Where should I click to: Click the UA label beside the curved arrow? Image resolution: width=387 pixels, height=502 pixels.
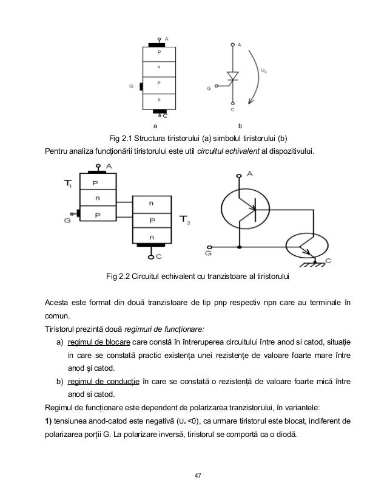[264, 71]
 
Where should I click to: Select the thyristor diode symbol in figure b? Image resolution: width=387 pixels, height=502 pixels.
[232, 77]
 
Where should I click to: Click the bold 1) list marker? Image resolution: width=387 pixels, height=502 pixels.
[51, 421]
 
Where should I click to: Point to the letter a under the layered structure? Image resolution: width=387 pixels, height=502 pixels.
[155, 126]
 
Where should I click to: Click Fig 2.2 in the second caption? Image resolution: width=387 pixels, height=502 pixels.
[119, 278]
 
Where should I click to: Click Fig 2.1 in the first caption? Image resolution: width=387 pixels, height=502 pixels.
[121, 136]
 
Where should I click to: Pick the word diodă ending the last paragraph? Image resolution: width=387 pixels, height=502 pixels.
[280, 435]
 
